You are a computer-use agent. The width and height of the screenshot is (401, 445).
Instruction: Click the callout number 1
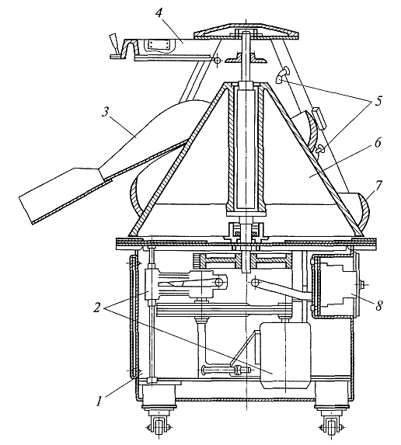(99, 402)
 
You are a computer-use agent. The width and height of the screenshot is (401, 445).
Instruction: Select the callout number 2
(97, 307)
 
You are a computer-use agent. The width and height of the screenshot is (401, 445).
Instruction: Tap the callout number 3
(106, 113)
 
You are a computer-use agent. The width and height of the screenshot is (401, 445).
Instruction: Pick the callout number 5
(378, 101)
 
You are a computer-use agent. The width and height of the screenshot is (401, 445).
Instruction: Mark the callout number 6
(378, 143)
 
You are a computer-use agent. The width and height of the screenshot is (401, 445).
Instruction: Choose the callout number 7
(378, 185)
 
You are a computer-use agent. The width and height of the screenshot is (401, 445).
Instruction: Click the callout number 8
(378, 306)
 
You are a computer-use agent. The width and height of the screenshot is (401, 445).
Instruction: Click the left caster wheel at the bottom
(158, 426)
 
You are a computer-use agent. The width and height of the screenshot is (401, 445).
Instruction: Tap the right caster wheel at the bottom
(331, 426)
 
